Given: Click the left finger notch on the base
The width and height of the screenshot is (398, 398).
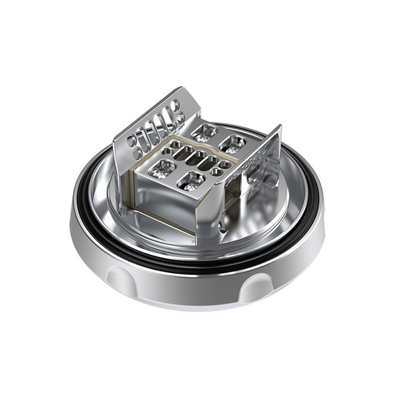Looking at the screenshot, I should (119, 278).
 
